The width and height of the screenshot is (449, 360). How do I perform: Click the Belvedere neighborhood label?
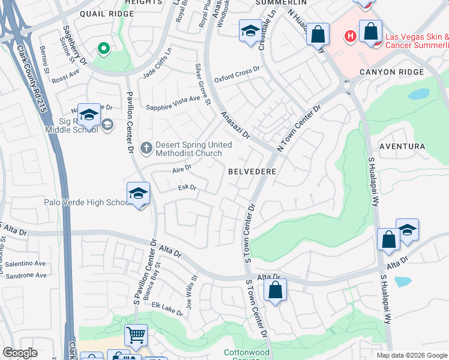pos(252,171)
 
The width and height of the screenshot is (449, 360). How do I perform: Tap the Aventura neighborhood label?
pos(402,146)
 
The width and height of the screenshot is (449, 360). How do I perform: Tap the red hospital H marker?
pos(350,37)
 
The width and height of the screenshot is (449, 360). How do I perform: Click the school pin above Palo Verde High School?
pos(138,194)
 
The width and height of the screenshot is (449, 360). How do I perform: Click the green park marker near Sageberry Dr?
pos(103,48)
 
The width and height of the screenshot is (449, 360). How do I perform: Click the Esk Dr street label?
pos(187,188)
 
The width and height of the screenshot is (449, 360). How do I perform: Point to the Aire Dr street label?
pos(181,170)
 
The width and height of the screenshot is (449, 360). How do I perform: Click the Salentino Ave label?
pos(26,263)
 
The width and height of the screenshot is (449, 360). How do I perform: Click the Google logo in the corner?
pos(20,353)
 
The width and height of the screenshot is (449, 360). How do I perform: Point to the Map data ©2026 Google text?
pos(411,355)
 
